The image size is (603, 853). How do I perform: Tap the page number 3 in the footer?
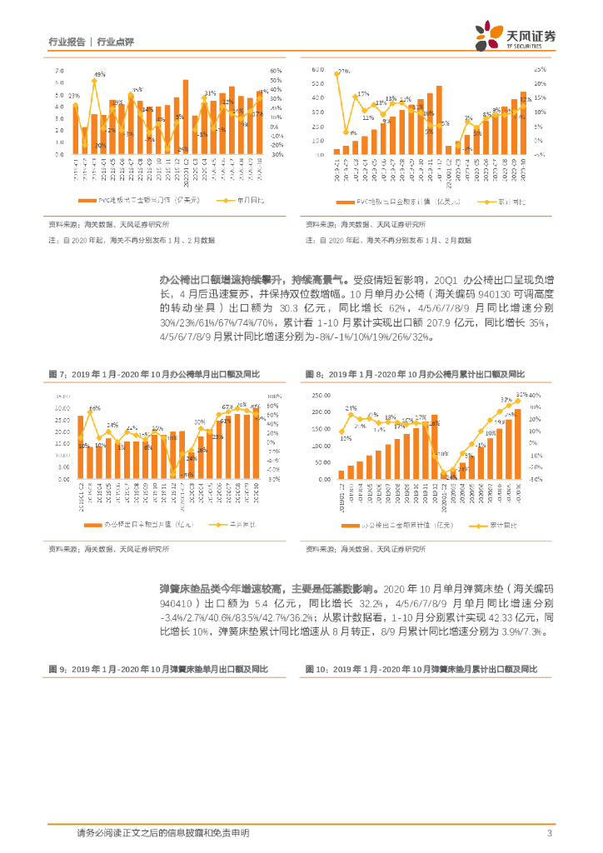point(550,834)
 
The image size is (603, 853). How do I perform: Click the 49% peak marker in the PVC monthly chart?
point(94,81)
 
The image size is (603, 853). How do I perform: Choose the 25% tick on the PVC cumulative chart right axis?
point(539,69)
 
